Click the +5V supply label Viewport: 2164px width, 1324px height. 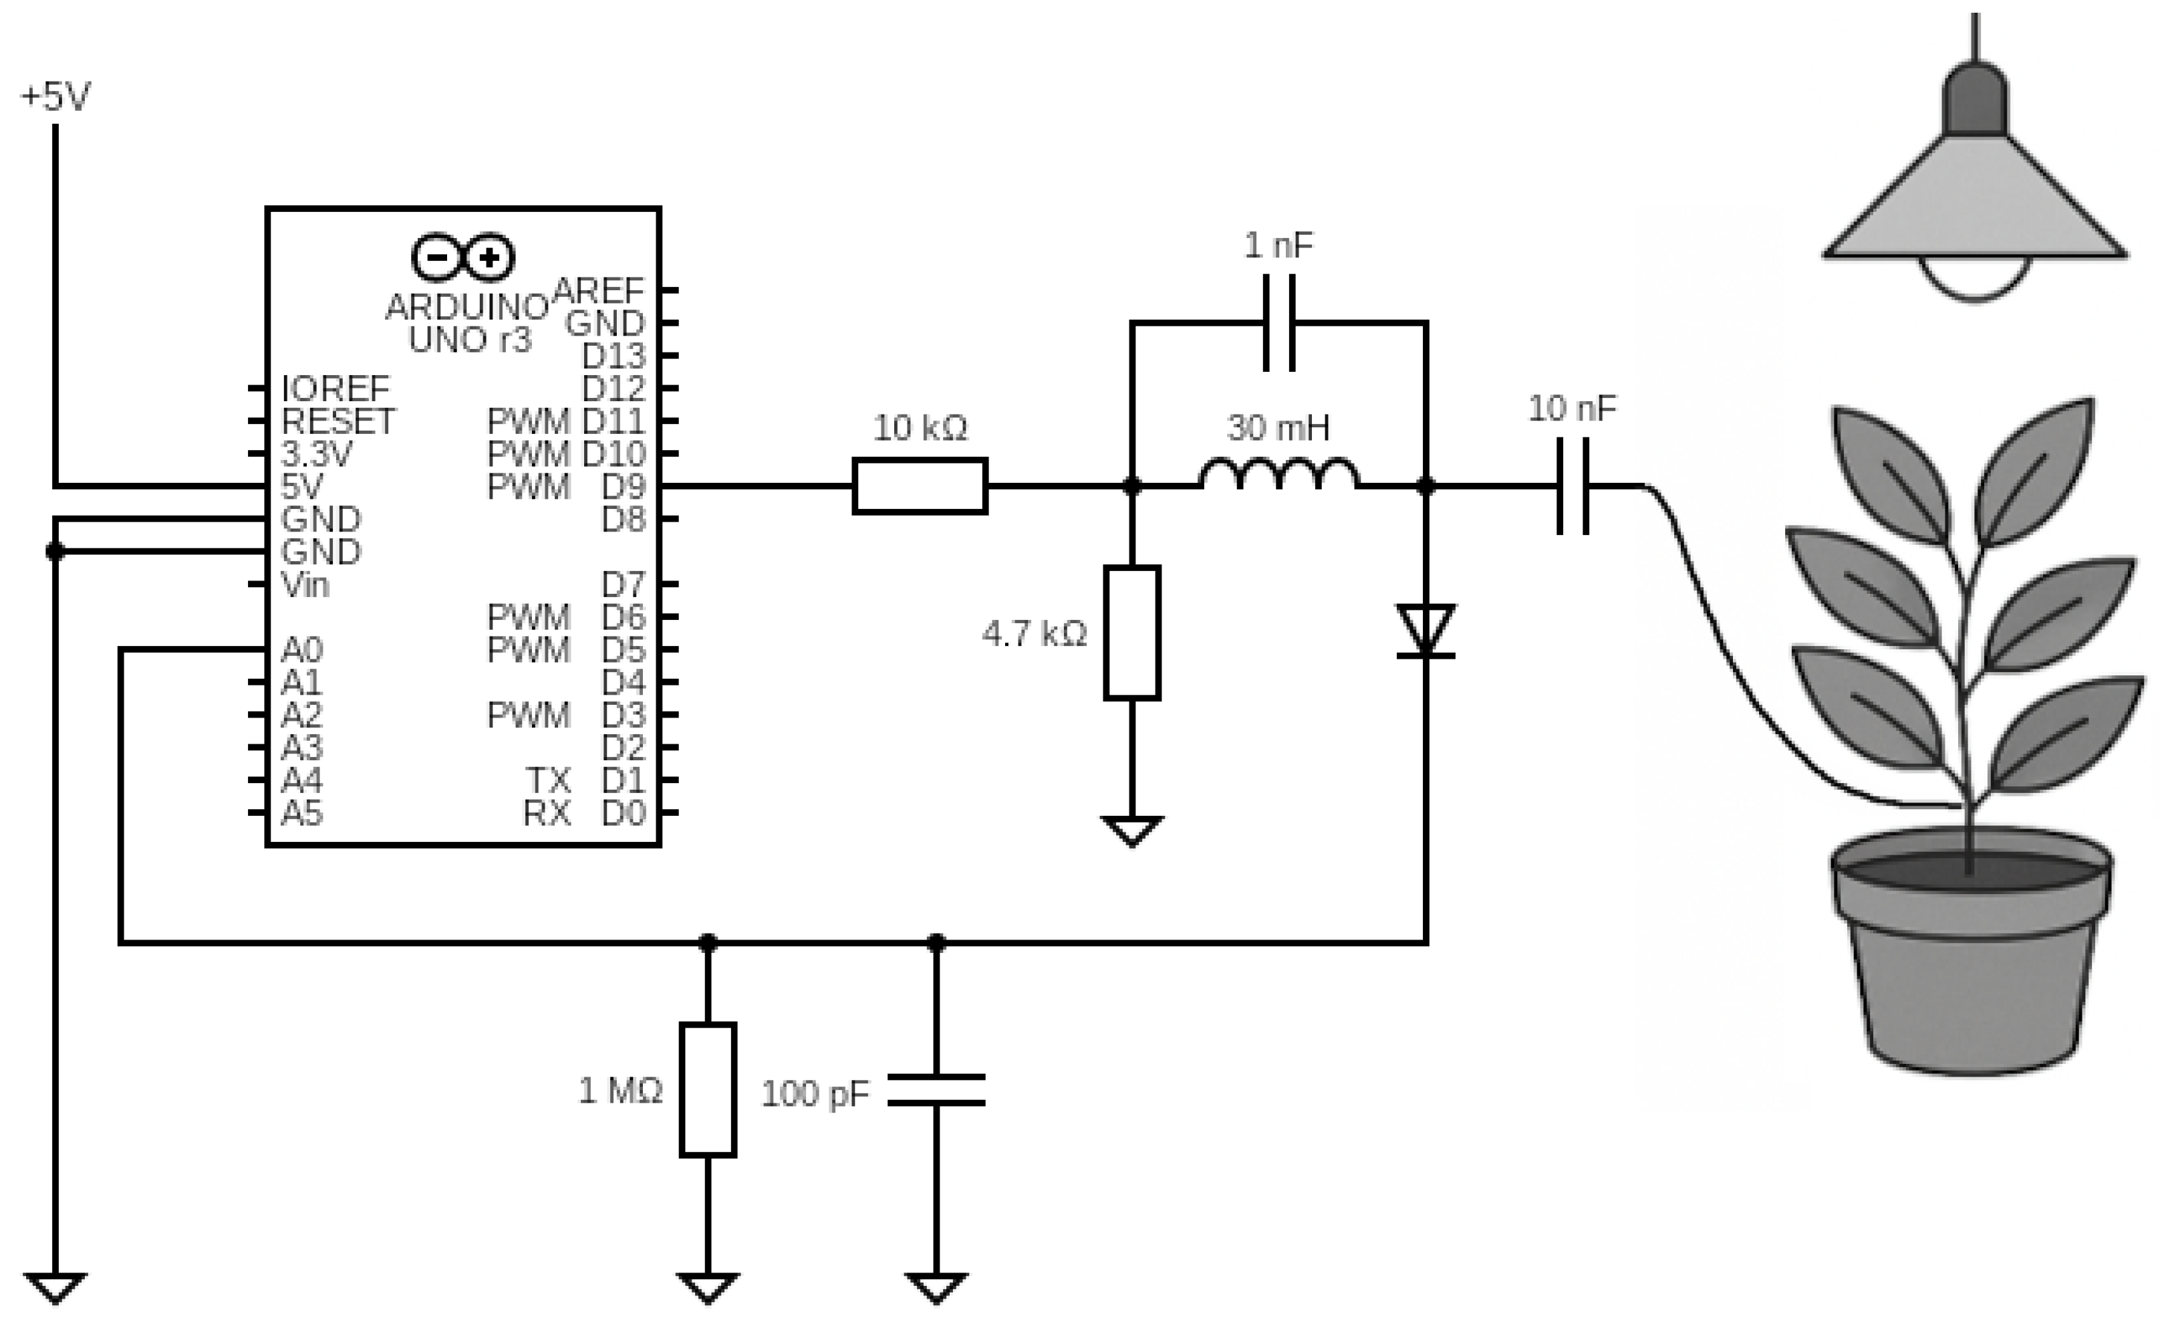coord(55,97)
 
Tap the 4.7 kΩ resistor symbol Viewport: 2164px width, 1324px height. coord(1131,633)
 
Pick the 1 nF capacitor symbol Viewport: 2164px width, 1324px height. coord(1278,324)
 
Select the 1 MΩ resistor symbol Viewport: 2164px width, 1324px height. coord(708,1089)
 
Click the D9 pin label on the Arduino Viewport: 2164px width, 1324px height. coord(624,486)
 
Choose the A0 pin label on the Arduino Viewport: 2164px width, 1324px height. coord(302,650)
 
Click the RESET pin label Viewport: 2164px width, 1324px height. coord(338,421)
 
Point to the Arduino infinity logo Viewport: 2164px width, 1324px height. coord(463,257)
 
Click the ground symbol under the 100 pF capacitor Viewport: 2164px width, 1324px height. coord(936,1287)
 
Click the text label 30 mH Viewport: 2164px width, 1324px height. coord(1278,428)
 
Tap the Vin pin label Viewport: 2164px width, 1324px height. coord(305,584)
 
